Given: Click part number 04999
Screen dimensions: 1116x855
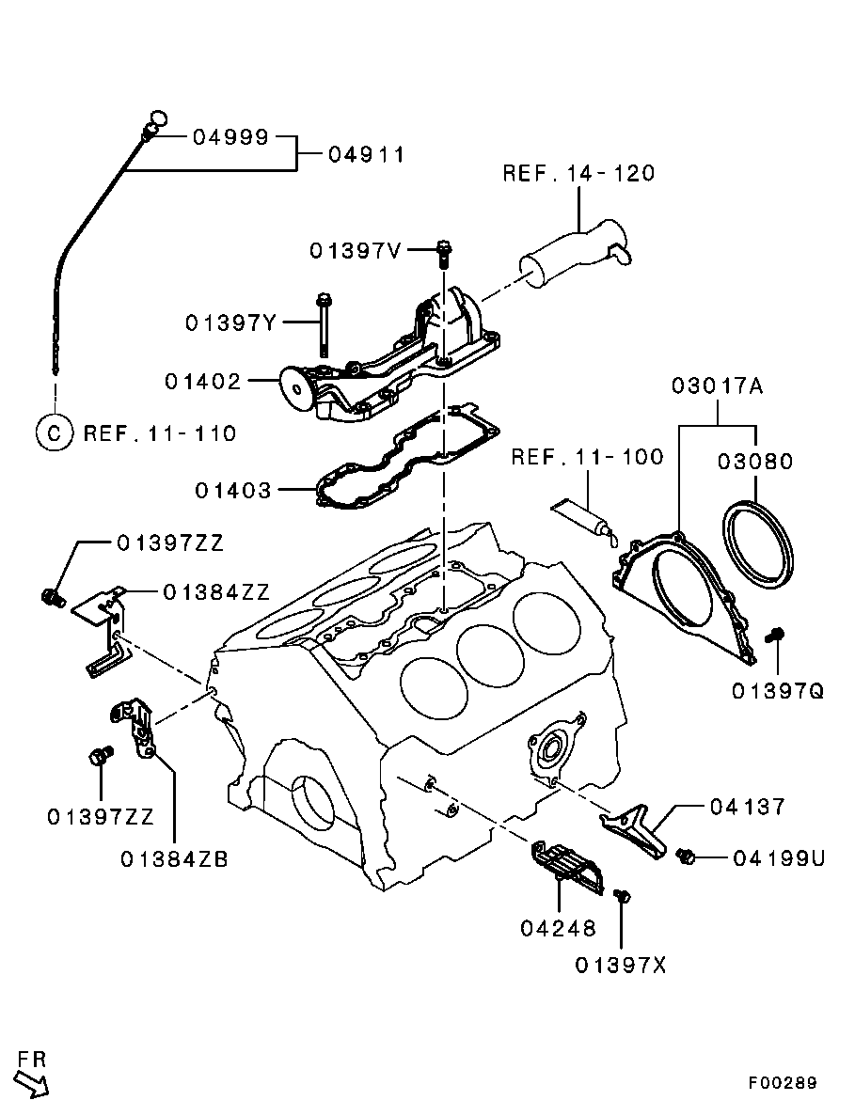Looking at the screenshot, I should tap(230, 137).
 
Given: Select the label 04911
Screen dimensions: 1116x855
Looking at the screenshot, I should tap(367, 155).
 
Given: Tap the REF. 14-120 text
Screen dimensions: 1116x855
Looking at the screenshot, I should tap(578, 174).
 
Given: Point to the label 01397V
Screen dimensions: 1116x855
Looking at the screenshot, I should tap(356, 251).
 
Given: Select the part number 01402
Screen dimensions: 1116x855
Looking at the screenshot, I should tap(203, 382).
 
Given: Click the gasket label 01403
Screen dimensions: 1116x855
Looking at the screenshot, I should tap(233, 491).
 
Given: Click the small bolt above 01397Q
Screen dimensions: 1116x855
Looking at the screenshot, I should tap(775, 637).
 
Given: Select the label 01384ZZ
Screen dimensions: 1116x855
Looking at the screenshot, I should tap(216, 592).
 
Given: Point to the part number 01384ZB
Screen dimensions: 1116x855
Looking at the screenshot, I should tap(175, 859).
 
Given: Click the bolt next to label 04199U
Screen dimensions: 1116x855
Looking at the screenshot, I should tap(688, 857).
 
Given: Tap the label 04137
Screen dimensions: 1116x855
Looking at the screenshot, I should tap(748, 807).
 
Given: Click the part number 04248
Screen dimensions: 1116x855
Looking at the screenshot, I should tap(558, 929).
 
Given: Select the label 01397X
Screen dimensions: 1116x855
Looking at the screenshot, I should tap(620, 966).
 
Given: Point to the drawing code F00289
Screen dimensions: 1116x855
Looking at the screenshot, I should tap(783, 1083).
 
